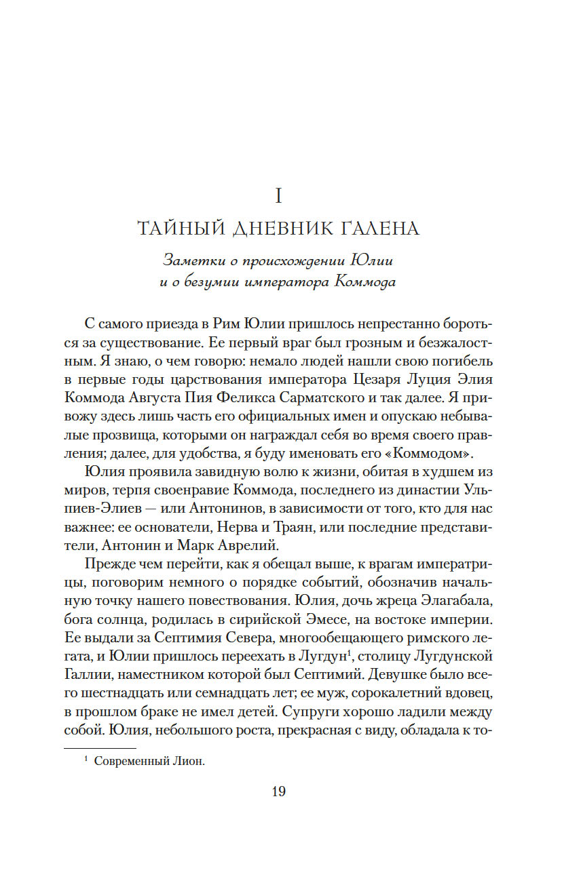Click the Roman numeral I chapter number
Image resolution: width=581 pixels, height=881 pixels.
click(278, 197)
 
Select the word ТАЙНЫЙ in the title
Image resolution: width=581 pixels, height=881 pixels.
click(177, 229)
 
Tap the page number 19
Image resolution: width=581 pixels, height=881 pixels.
click(278, 791)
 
